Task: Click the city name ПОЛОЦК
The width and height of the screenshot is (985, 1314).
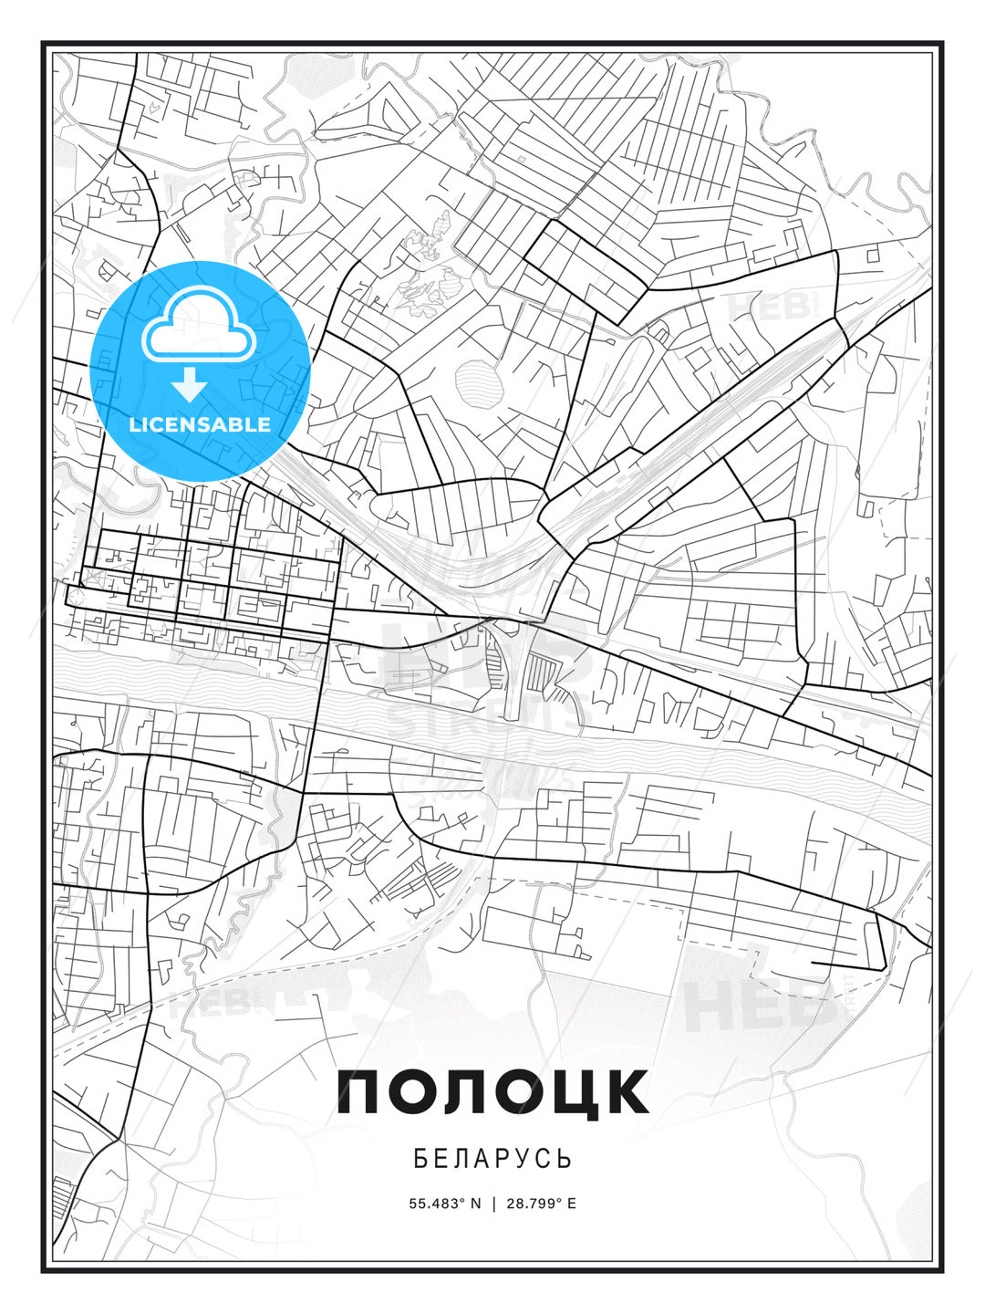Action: pyautogui.click(x=493, y=1090)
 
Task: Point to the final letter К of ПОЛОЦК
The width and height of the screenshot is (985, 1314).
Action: pyautogui.click(x=625, y=1090)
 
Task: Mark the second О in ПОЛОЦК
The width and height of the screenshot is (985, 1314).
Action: pyautogui.click(x=516, y=1090)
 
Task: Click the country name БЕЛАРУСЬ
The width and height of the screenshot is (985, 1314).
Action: pyautogui.click(x=493, y=1159)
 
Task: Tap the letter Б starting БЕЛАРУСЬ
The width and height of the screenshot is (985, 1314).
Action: pyautogui.click(x=420, y=1159)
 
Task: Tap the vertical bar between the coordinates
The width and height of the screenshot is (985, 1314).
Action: pyautogui.click(x=493, y=1204)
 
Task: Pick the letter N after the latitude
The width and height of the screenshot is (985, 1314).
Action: pyautogui.click(x=475, y=1204)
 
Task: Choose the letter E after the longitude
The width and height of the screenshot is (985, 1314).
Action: pyautogui.click(x=572, y=1204)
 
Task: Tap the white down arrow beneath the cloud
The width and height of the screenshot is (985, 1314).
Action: pyautogui.click(x=190, y=385)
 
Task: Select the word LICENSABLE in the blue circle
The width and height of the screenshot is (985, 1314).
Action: pyautogui.click(x=200, y=424)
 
